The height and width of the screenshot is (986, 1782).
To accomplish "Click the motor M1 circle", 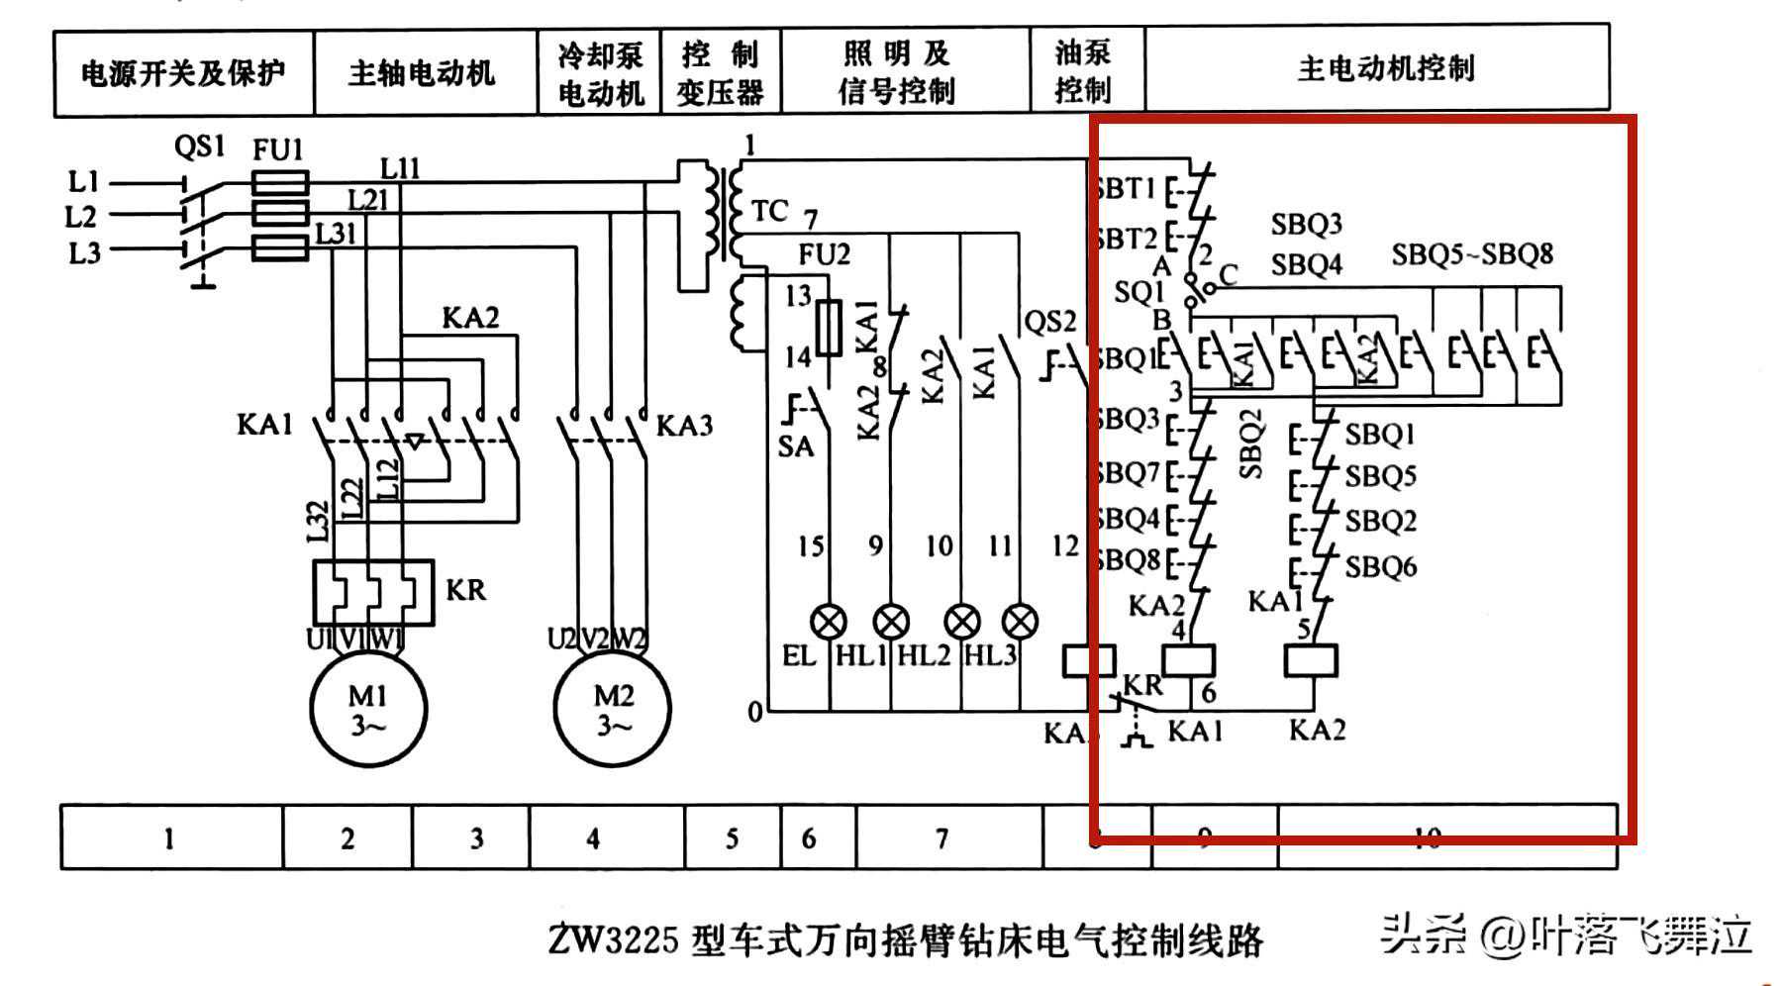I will coord(368,709).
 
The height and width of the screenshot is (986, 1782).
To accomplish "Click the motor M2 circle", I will coord(612,709).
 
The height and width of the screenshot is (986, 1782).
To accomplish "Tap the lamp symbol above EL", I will coord(829,622).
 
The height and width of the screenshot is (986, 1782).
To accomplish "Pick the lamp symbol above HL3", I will coord(1020,622).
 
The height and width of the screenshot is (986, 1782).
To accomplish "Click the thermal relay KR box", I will coord(373,592).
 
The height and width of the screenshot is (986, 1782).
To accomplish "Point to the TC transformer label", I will coord(769,211).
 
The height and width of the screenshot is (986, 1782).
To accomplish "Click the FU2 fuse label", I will coord(824,255).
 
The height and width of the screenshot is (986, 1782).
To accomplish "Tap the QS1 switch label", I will coord(199,148).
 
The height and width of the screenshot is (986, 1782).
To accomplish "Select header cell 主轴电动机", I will coord(422,72).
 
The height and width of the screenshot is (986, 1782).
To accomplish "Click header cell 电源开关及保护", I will coord(183,72).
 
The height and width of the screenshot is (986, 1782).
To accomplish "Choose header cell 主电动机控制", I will coord(1385,68).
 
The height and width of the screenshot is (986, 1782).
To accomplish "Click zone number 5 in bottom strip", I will coord(732,838).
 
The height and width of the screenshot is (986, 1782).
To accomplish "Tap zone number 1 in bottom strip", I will coord(169,838).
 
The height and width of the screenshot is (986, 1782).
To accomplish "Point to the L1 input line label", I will coord(84,182).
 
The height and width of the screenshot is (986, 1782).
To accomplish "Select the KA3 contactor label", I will coord(684,426).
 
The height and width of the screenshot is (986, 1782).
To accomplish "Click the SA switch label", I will coord(795,446).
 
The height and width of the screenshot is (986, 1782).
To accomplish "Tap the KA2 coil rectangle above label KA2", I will coord(1311,660).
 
